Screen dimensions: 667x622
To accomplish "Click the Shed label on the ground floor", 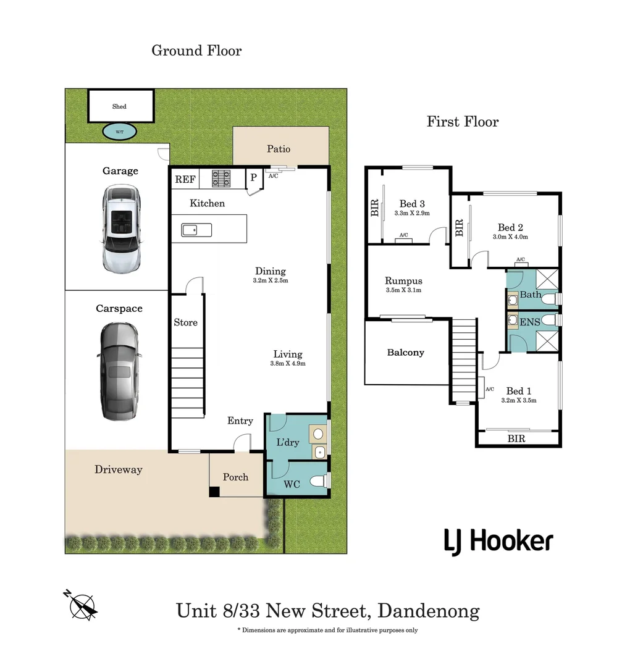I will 119,106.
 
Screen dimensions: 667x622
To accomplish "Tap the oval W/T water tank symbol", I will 119,131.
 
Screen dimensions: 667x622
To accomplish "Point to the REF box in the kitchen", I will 185,180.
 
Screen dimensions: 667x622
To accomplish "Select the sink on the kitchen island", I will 196,230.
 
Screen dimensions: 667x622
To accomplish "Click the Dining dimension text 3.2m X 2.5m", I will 271,280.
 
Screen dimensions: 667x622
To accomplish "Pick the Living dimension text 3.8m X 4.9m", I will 288,364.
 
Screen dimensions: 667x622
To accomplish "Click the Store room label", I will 185,322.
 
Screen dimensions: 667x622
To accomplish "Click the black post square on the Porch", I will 214,492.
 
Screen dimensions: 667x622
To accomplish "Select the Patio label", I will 278,149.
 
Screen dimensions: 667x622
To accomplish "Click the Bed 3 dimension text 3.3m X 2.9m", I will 412,213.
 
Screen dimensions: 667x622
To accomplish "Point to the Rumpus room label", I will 403,280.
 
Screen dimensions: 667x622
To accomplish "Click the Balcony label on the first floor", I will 405,353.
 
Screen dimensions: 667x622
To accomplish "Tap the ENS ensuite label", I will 531,322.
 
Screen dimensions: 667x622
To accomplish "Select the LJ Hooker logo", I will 498,542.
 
